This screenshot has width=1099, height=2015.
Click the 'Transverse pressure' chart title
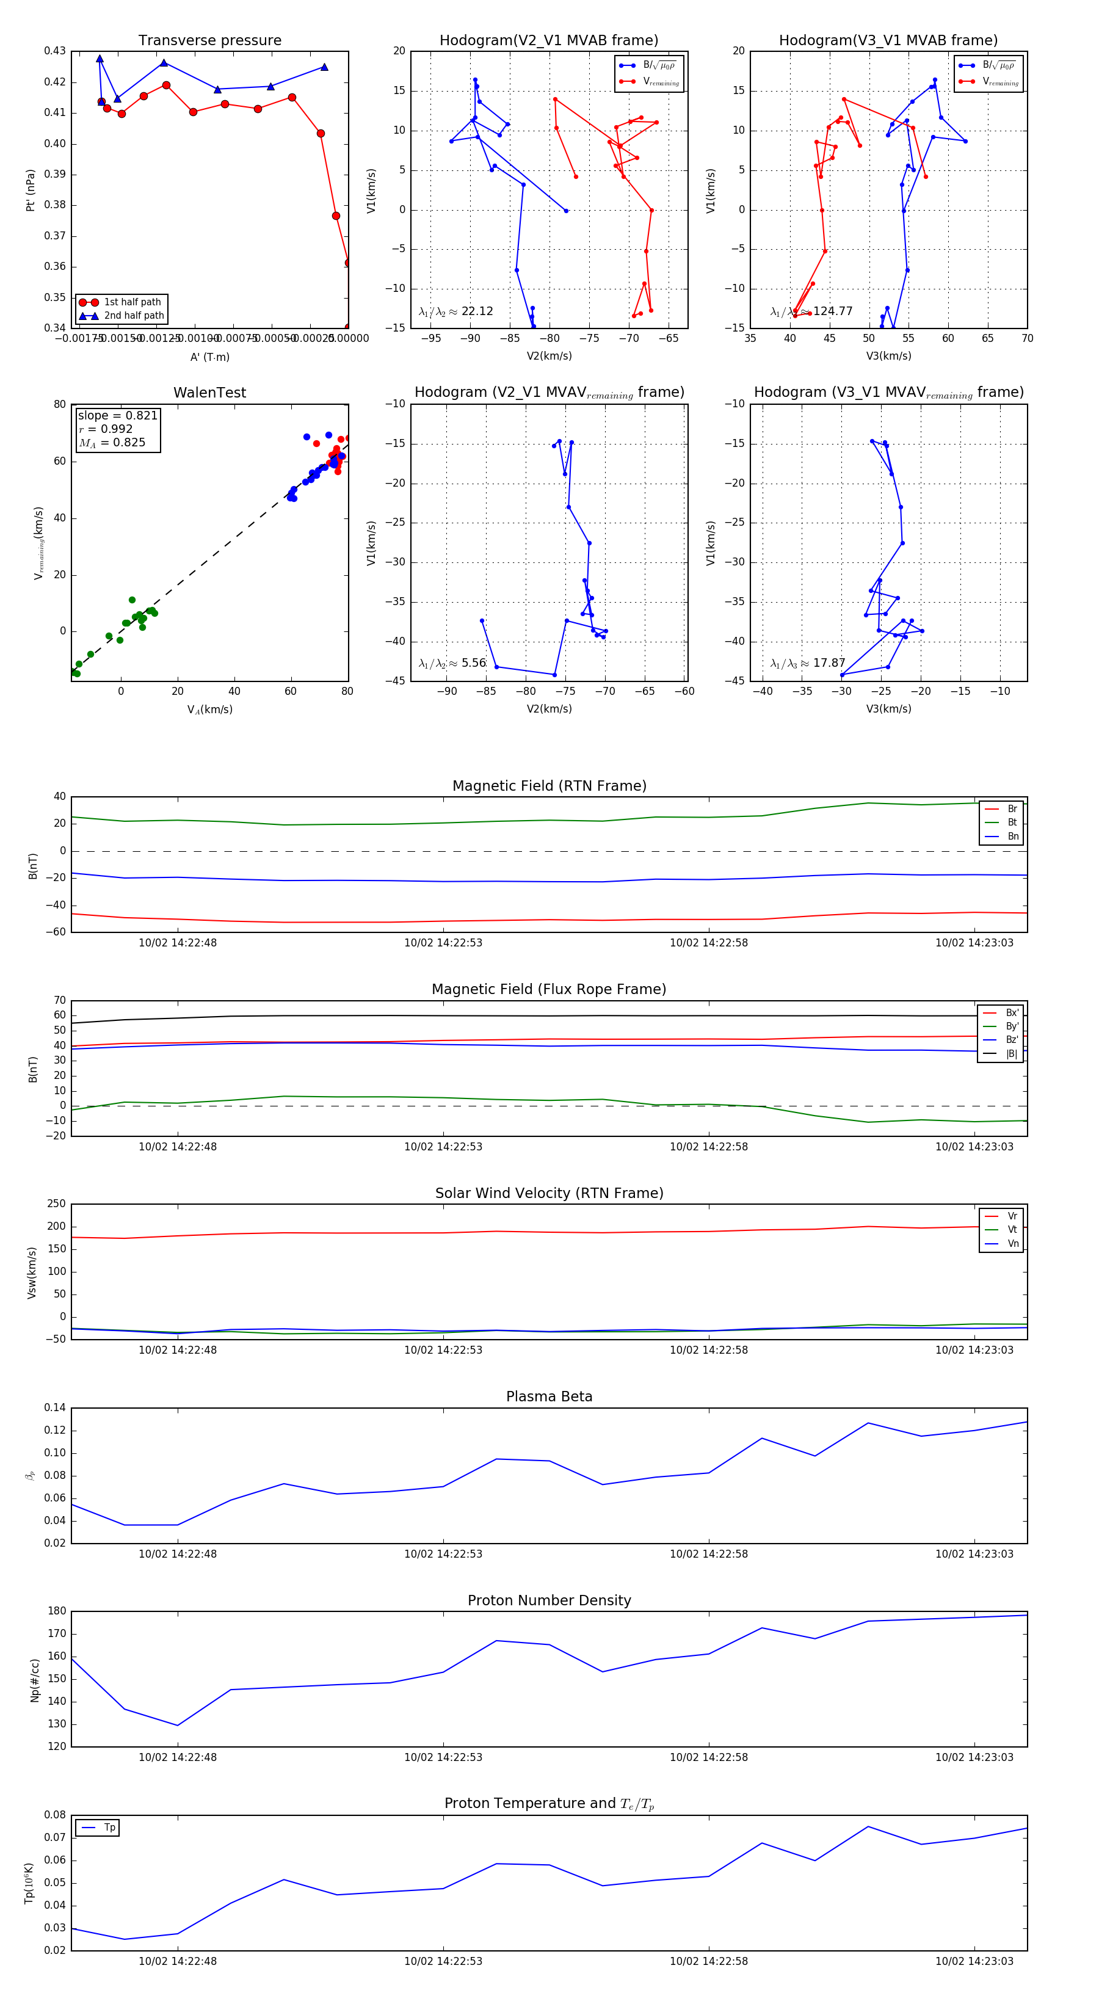coord(209,41)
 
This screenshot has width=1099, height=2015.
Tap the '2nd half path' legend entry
coord(134,316)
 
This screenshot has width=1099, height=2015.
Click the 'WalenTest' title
coord(209,393)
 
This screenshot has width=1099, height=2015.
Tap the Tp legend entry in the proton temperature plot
coord(109,1828)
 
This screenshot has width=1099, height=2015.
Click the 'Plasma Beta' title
coord(549,1397)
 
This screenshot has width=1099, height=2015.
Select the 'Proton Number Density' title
coord(549,1600)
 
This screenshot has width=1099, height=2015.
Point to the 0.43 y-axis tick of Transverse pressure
coord(55,51)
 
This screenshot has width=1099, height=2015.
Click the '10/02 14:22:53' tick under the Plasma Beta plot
coord(443,1553)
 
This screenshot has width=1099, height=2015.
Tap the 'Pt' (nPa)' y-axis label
coord(31,190)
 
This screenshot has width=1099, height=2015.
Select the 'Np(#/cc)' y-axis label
coord(34,1679)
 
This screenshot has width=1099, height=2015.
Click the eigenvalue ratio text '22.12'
coord(477,311)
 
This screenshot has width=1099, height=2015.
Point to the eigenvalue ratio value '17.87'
coord(829,663)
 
